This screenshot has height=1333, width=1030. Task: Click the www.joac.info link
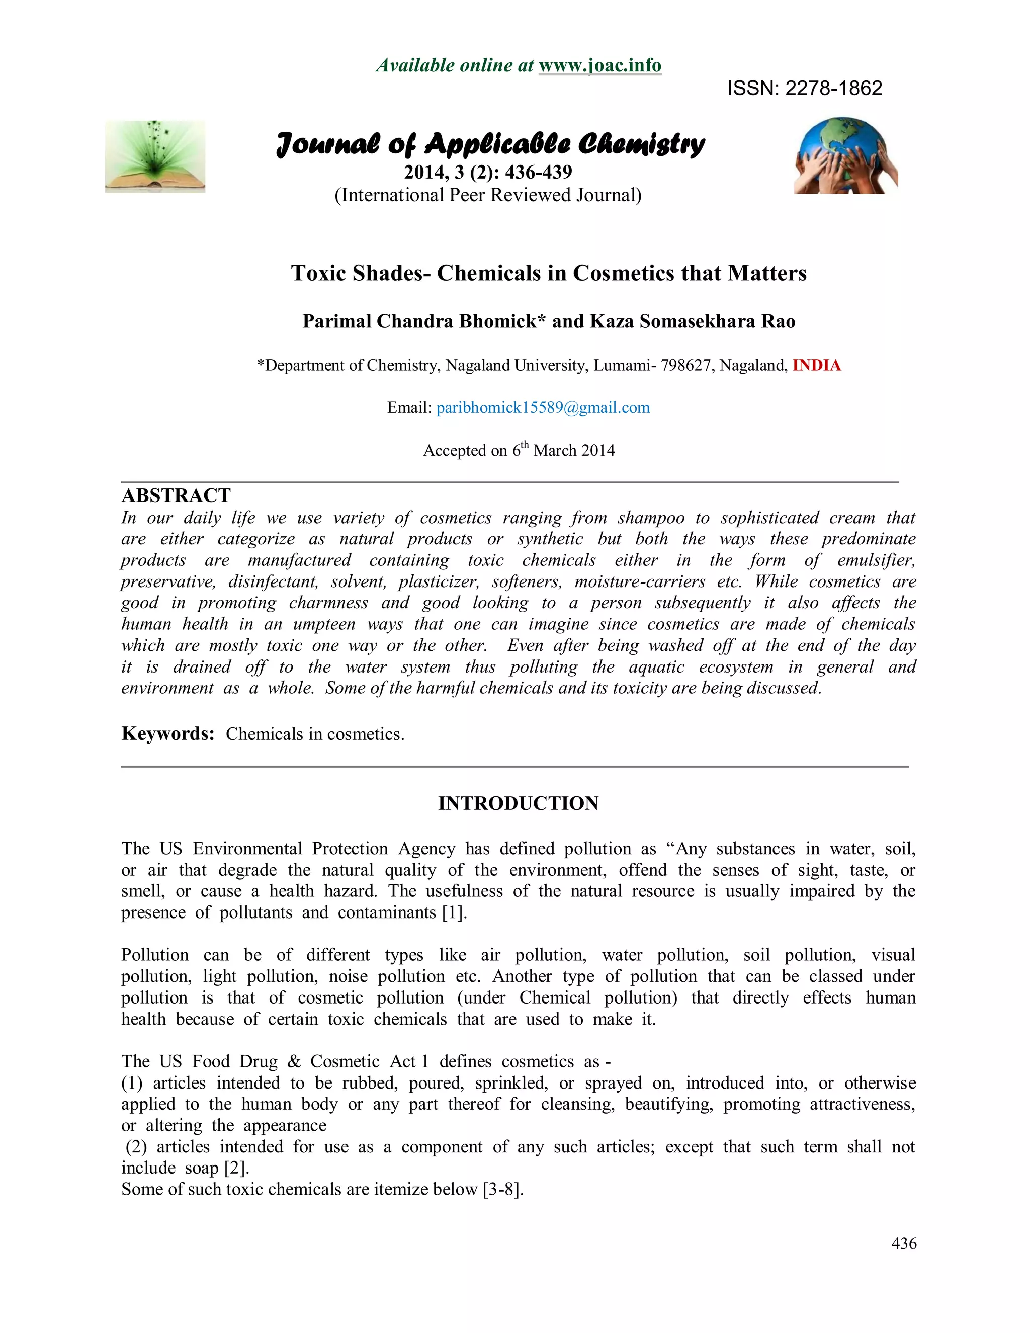(x=600, y=65)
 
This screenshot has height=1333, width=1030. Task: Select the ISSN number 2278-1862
(x=833, y=89)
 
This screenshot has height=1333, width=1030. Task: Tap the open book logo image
(x=155, y=157)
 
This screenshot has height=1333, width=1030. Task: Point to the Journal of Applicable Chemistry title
(x=490, y=144)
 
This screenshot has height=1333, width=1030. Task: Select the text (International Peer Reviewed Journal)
(x=488, y=195)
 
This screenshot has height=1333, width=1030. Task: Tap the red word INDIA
(x=816, y=365)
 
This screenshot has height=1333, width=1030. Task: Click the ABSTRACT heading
(x=177, y=495)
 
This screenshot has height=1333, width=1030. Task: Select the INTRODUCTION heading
(x=519, y=803)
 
